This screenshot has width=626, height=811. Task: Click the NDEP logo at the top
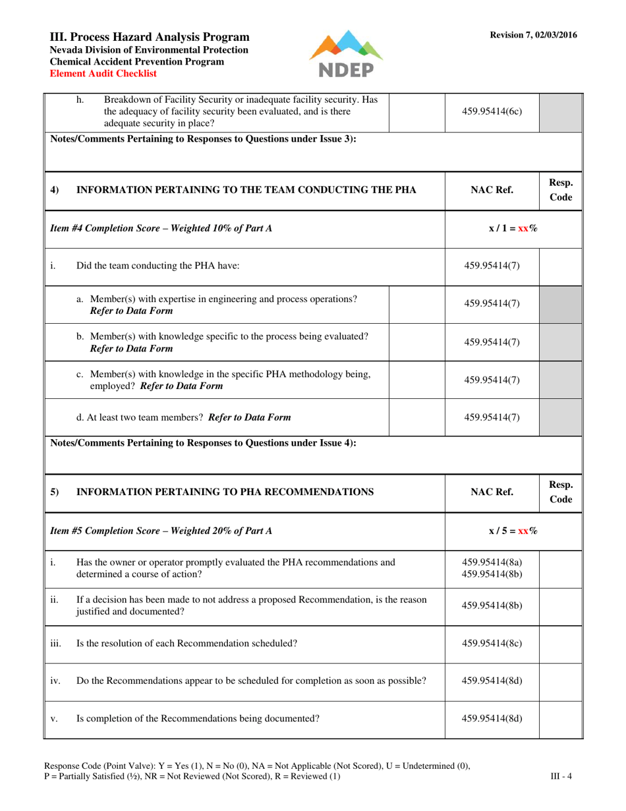tap(345, 53)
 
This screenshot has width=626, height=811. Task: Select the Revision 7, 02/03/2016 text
tap(533, 35)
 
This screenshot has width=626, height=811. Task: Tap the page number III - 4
tap(561, 776)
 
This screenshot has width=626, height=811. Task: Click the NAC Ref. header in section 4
tap(492, 191)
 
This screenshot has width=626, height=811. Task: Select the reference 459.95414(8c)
tap(492, 644)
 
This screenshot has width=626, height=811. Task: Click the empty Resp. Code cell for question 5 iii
tap(560, 644)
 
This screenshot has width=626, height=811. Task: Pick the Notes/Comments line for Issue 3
tap(204, 139)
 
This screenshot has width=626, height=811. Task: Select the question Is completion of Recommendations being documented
tap(198, 719)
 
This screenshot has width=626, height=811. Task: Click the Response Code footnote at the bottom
tap(257, 771)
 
